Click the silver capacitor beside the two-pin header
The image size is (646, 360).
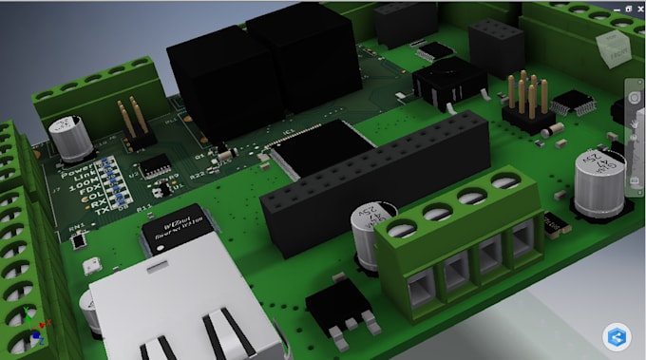(71, 139)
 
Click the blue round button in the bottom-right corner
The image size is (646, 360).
(617, 337)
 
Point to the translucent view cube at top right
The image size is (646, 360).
(612, 48)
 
